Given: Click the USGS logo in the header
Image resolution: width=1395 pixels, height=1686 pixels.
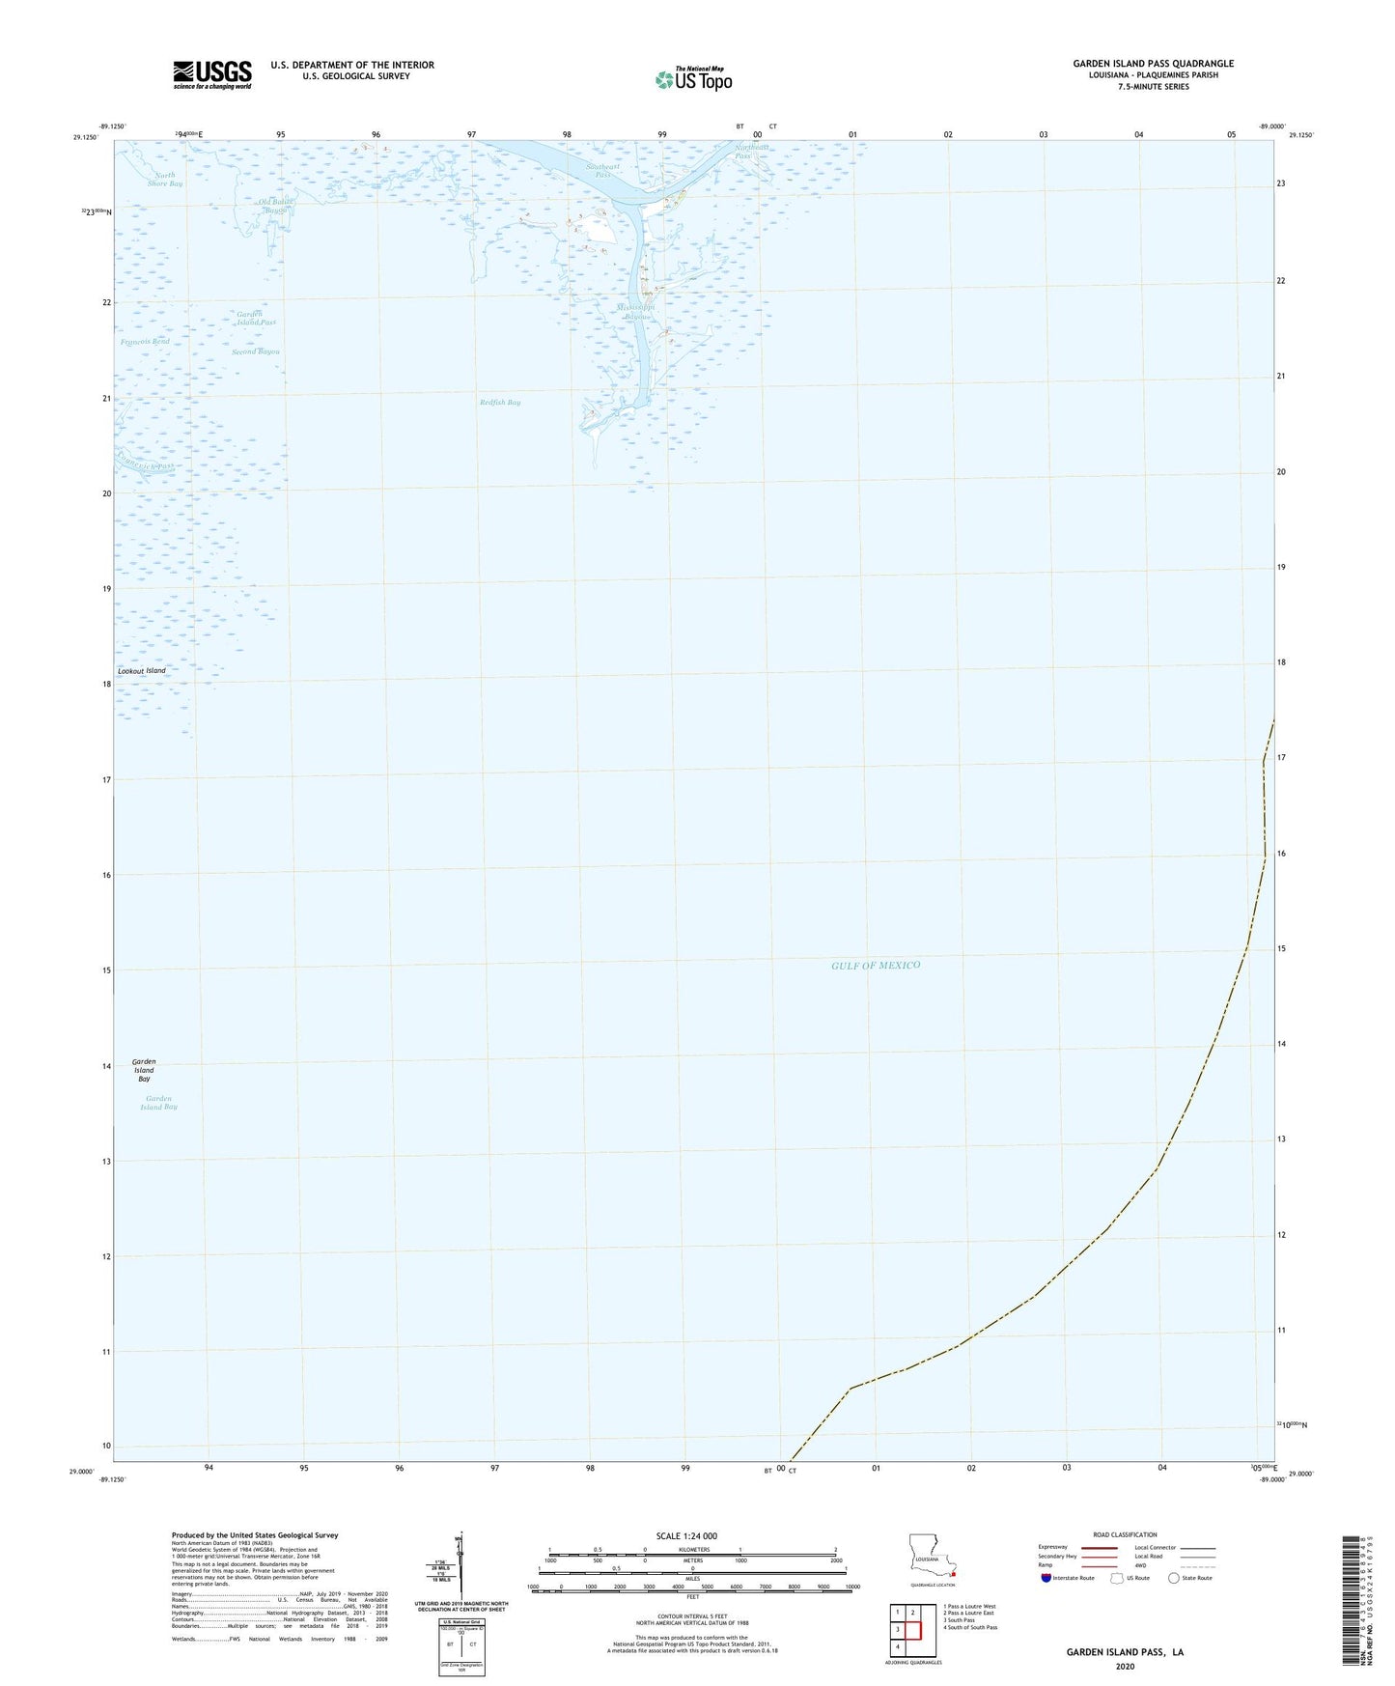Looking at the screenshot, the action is click(212, 74).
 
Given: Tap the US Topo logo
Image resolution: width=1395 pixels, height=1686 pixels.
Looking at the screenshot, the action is click(692, 79).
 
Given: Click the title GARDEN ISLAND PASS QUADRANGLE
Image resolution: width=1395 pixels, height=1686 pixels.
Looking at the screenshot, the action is click(1153, 64).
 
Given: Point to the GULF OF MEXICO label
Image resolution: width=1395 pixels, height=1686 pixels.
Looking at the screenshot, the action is click(876, 966).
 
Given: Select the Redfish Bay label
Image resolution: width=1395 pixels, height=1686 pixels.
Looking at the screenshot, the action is click(500, 403).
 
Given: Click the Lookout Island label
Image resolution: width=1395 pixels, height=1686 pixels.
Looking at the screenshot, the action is click(142, 671).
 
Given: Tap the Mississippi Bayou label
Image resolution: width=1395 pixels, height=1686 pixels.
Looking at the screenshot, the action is click(636, 312).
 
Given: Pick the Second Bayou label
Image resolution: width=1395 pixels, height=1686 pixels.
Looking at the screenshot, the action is click(255, 352).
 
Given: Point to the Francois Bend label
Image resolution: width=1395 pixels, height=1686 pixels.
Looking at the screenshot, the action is click(146, 342).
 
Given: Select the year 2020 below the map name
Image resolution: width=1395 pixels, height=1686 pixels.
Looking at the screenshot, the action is click(1125, 1667).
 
